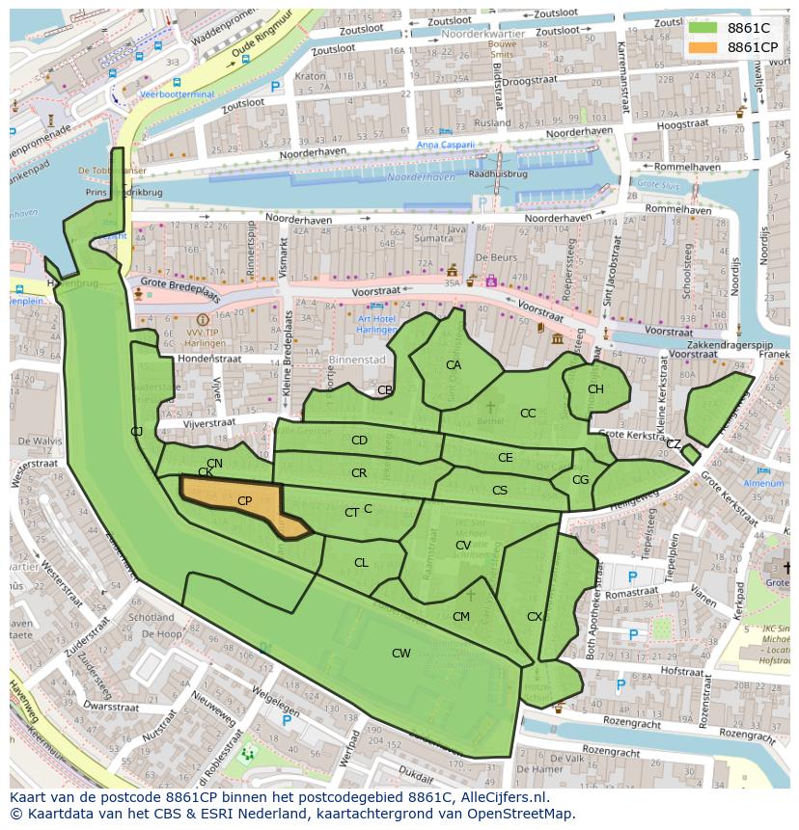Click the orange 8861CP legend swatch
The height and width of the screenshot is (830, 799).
704,47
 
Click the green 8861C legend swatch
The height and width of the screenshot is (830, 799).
704,28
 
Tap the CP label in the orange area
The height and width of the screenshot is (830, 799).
244,501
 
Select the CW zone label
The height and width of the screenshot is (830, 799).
400,654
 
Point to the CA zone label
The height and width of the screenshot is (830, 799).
453,365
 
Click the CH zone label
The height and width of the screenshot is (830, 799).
595,389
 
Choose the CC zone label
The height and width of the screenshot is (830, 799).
528,414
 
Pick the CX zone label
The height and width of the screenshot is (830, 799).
535,617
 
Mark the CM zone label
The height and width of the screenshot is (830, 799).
461,617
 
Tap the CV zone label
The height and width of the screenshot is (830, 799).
463,546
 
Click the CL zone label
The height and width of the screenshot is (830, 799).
361,563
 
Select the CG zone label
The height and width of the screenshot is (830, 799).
580,480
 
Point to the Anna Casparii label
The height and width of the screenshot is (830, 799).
446,146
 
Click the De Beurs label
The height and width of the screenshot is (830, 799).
493,257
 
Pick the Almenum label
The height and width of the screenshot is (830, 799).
763,483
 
